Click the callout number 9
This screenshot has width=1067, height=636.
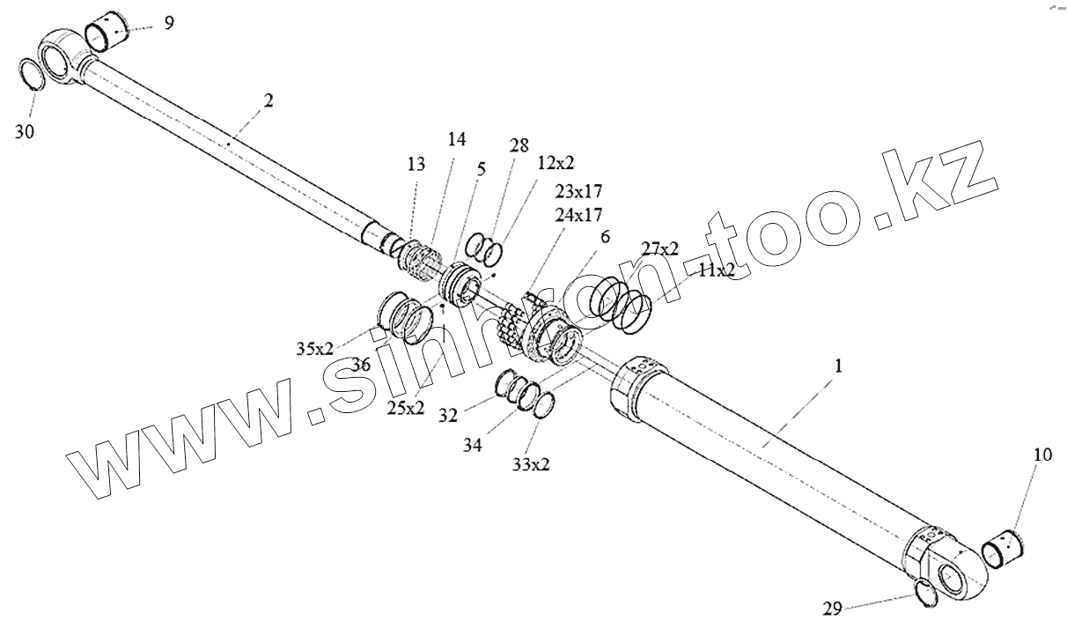[169, 22]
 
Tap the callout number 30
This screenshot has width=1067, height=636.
[26, 131]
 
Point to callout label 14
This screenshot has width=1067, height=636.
[457, 139]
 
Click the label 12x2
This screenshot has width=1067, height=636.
[556, 164]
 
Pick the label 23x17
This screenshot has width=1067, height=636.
[578, 190]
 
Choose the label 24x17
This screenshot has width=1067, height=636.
[578, 214]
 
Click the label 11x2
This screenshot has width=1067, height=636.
[716, 270]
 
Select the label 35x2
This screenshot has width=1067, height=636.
[314, 348]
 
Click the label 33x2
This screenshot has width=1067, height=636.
[531, 464]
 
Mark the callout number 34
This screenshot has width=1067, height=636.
[473, 446]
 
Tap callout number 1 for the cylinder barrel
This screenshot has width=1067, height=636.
[838, 366]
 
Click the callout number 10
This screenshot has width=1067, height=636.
[1042, 455]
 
